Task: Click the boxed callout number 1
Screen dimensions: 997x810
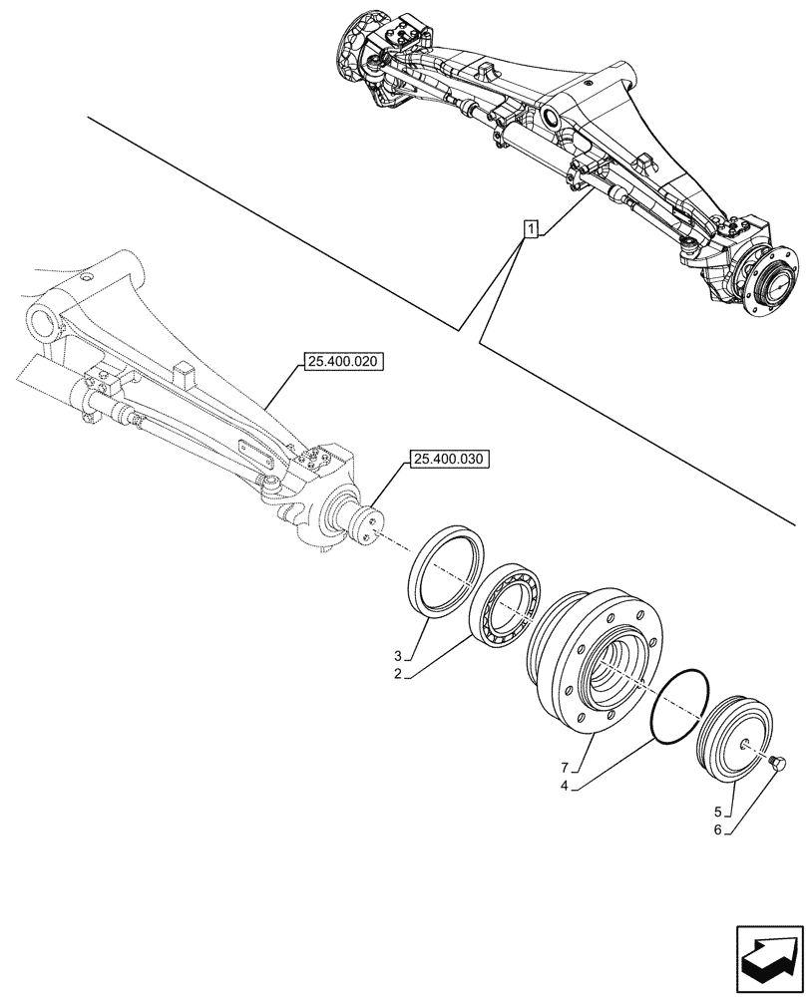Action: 531,230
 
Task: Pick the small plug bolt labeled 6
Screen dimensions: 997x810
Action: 779,765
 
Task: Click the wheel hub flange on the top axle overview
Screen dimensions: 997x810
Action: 773,281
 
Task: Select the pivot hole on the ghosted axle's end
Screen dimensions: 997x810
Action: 42,323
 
